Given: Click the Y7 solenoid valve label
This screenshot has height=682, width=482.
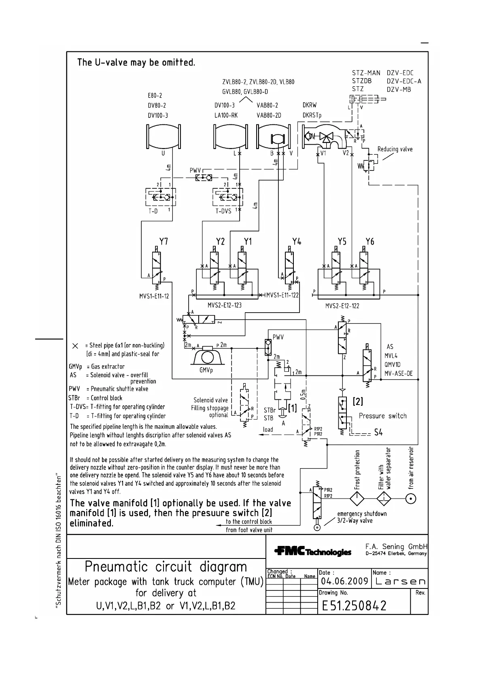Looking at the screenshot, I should (x=163, y=242).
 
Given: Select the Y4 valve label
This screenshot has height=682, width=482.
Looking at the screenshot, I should (x=297, y=242).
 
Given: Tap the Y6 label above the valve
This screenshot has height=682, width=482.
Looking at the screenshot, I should (x=369, y=242).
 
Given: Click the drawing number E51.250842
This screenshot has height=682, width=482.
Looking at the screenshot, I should (x=354, y=605).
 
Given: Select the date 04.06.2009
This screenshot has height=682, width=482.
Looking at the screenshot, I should (x=344, y=582).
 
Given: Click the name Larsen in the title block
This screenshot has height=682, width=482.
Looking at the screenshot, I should (x=399, y=582).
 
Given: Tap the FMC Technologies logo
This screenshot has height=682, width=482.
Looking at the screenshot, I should (x=313, y=552).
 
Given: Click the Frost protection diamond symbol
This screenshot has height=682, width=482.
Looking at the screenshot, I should (x=357, y=499).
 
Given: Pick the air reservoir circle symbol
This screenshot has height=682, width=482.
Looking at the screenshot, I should (x=411, y=499).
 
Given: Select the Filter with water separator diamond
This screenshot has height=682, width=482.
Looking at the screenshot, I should (x=384, y=499).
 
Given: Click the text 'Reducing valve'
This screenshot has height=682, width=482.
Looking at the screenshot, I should (x=395, y=149).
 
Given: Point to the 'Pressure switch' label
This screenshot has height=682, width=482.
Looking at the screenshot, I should (x=382, y=416).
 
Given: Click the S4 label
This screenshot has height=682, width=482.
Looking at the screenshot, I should (x=378, y=433).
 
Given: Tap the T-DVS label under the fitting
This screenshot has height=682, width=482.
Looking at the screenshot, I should (x=223, y=211).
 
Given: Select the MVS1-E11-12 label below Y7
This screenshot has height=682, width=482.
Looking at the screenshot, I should (x=154, y=296).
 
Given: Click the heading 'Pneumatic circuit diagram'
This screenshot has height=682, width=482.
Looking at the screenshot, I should (x=166, y=567).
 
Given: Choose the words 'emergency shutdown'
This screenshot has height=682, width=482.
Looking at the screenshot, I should (x=362, y=514).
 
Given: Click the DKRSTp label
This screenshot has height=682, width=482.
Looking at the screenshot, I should (x=312, y=115).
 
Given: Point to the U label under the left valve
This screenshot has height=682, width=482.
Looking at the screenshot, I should (x=163, y=153).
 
